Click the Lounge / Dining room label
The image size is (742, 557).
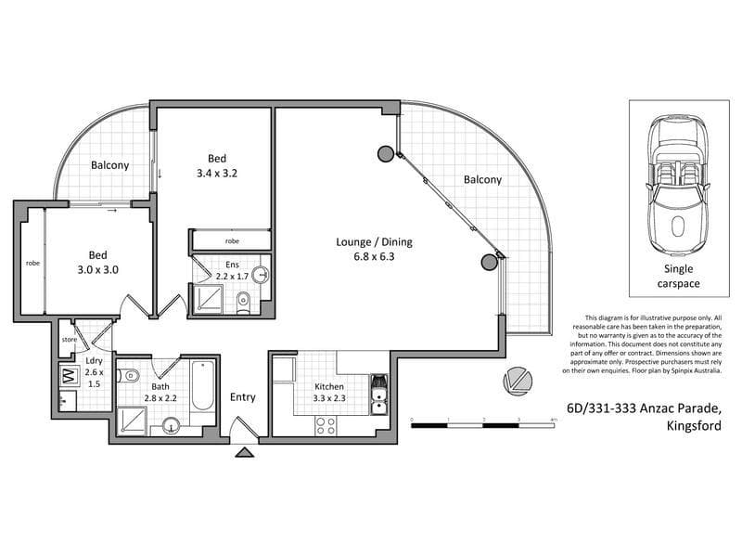pos(374,242)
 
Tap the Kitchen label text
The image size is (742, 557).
pos(329,386)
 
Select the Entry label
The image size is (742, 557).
pos(243,397)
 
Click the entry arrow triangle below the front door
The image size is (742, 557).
pos(245,452)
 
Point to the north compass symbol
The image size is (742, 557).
pos(518,381)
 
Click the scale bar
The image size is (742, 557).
pos(482,425)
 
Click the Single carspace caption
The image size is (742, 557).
pos(679,276)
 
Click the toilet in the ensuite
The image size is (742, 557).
pos(243,304)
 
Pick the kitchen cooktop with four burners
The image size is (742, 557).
pos(326,425)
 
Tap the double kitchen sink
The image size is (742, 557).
pos(378,395)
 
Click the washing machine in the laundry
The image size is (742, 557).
pos(70,376)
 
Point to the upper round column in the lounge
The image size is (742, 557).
pos(385,153)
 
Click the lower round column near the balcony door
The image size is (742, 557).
pos(490,263)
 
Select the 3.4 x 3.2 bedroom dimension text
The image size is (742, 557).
pos(217,174)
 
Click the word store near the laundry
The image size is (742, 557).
pos(69,340)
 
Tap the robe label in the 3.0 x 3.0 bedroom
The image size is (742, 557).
pos(32,263)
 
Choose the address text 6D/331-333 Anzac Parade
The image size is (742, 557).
pos(644,408)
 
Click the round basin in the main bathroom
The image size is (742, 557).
pos(171,426)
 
